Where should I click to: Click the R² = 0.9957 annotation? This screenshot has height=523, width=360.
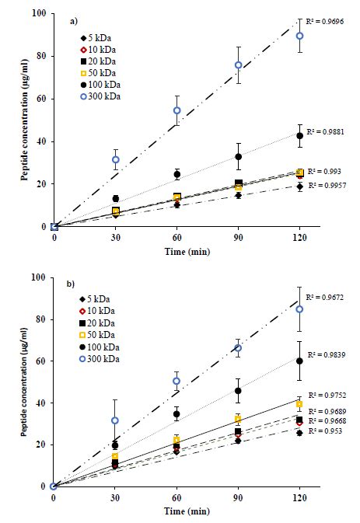pos(327,186)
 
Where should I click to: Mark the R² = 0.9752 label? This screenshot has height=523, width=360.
pos(327,395)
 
